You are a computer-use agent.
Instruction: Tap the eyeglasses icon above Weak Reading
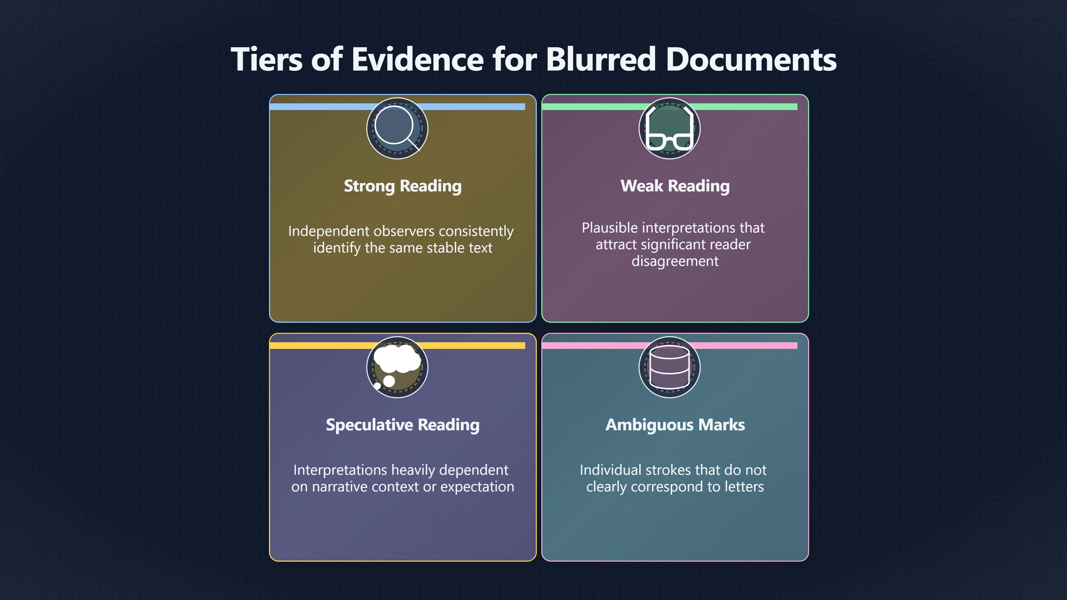coord(669,127)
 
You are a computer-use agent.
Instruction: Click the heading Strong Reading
coord(403,186)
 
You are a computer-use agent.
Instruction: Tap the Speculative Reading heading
coord(403,425)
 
